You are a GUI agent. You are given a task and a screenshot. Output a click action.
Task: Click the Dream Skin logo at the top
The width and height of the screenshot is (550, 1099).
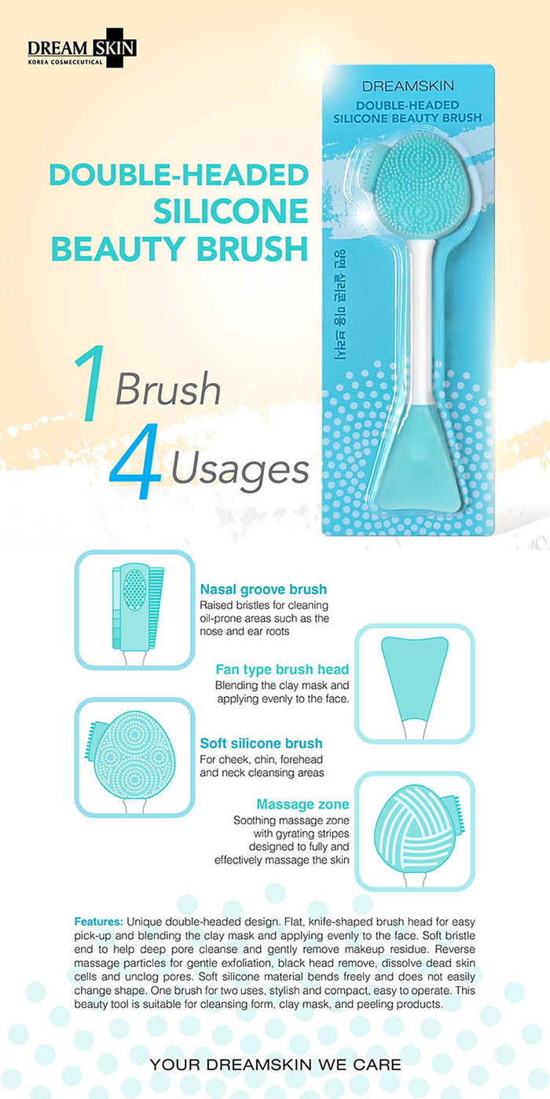[82, 49]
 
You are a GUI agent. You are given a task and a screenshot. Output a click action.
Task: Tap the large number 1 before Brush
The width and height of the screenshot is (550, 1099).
[90, 384]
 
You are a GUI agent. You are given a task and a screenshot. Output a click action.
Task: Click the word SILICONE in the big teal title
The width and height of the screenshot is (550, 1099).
[231, 211]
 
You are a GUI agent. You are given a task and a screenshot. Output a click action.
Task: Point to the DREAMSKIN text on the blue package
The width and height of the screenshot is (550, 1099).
[408, 86]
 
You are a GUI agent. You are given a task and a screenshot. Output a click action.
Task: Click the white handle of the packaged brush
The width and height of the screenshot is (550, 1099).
[419, 319]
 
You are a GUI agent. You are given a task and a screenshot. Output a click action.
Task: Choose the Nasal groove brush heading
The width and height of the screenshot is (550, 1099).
[263, 590]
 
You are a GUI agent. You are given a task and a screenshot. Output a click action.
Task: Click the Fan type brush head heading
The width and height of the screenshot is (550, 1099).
[282, 669]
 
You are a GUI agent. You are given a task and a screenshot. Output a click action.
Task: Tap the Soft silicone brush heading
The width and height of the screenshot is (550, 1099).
[261, 743]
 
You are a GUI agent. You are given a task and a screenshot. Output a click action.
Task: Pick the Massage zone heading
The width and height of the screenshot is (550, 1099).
[302, 804]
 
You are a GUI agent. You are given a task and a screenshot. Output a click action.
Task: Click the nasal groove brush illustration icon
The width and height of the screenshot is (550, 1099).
[135, 609]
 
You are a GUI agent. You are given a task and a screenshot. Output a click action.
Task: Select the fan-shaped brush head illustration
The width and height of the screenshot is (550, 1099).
[415, 683]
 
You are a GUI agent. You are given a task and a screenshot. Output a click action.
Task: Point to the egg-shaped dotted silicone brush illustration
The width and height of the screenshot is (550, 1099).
[135, 758]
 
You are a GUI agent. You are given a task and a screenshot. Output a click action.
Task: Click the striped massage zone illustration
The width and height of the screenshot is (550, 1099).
[415, 831]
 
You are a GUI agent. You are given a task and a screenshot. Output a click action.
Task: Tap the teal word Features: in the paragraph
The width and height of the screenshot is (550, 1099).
[99, 921]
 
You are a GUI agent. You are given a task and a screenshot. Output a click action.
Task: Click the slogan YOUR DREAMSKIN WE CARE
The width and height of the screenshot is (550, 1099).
[275, 1064]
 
